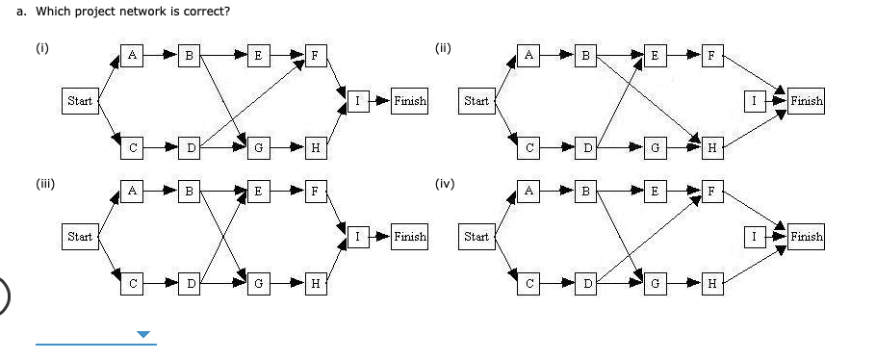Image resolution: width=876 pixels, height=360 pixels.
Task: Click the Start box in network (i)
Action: point(78,100)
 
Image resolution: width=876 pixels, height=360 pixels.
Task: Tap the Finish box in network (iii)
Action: point(410,236)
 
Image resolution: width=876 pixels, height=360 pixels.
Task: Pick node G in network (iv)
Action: point(656,284)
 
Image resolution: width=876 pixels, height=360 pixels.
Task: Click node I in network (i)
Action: point(357,100)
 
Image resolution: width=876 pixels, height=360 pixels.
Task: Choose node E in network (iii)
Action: point(256,191)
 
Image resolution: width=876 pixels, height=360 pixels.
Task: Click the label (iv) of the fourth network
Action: point(444,182)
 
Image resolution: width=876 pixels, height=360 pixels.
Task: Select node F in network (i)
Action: point(314,55)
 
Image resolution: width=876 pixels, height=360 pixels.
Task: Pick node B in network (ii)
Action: point(580,55)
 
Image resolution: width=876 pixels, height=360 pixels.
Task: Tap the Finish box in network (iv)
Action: point(806,236)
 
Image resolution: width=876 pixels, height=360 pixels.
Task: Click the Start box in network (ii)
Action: point(476,100)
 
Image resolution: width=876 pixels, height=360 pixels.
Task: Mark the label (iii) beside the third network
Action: point(44,182)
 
